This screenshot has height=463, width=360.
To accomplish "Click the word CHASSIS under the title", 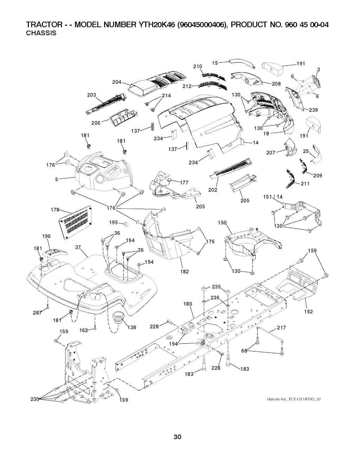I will click(x=41, y=33).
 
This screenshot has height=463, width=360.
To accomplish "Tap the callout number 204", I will click(x=117, y=82).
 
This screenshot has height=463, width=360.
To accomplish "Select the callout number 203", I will click(x=92, y=95).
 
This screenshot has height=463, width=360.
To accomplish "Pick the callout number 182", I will click(x=185, y=271).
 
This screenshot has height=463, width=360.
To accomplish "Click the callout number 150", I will click(x=222, y=223).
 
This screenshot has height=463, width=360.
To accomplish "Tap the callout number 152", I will click(x=308, y=311).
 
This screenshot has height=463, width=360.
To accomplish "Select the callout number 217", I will click(x=281, y=328).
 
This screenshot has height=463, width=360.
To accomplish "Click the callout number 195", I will click(x=114, y=223).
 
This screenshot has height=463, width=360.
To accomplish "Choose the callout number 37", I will click(x=78, y=247).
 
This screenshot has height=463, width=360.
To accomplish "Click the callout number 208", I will click(x=276, y=84).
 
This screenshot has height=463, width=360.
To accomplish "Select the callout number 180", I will click(x=188, y=304).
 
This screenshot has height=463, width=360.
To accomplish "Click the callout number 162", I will click(x=84, y=330).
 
